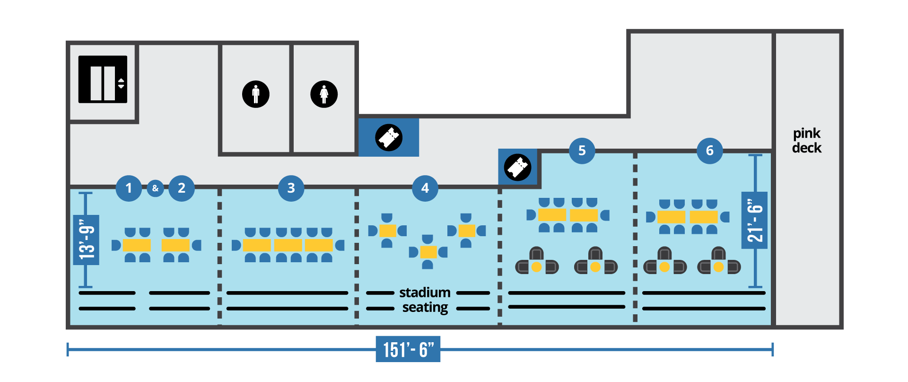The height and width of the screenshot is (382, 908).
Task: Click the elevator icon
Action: coord(103,79)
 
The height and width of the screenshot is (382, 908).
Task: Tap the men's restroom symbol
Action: coord(256,94)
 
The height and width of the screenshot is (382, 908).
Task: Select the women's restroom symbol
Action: coord(324,94)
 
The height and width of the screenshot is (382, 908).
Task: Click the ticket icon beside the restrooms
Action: coord(389,137)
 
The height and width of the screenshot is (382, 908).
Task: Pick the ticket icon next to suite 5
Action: coord(518,167)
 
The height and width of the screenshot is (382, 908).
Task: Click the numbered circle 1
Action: coord(129,188)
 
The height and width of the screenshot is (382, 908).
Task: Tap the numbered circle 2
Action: coord(182,188)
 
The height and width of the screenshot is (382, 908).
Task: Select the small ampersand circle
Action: coord(155,188)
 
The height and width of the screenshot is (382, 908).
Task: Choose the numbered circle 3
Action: coord(291,188)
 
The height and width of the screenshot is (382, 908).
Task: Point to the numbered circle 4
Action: coord(425,188)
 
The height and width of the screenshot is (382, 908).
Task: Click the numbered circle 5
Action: coord(582,151)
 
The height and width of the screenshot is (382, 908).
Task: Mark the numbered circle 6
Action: coord(710,151)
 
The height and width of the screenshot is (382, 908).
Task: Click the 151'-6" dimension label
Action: coord(408,349)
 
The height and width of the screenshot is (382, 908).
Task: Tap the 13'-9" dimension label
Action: coord(87,240)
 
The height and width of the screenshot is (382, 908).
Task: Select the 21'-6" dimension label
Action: coord(755,220)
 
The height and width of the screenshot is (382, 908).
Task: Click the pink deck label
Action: coord(807,141)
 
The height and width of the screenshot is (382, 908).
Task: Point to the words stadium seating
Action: coord(425,300)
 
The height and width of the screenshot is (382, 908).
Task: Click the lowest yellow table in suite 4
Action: coord(428,252)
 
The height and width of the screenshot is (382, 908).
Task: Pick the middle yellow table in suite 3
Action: coord(288,245)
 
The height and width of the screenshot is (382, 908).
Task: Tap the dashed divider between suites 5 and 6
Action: coord(635,237)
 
